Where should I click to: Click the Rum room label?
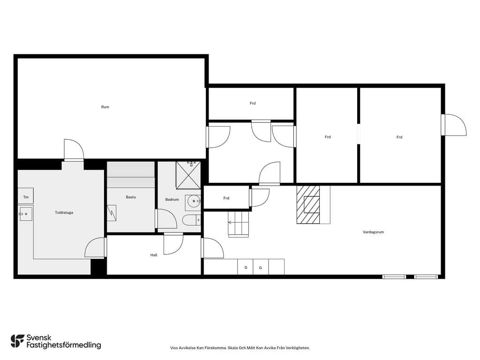pos(105,107)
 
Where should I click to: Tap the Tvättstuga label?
pos(64,212)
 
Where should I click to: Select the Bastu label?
pos(131,197)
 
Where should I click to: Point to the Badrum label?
pos(172,200)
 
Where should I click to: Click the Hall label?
pos(154,255)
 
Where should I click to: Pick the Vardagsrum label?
pos(373,232)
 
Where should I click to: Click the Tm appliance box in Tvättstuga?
pos(26,196)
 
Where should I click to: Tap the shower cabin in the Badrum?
pos(188,175)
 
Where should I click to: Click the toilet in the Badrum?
pos(192,220)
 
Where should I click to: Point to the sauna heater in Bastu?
pos(112,213)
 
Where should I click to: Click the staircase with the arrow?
pos(238,225)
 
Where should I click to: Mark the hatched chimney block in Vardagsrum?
pos(308,204)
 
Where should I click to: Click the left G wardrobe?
pos(245,267)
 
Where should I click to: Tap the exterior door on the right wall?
pos(454,125)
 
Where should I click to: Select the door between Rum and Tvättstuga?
pos(74,150)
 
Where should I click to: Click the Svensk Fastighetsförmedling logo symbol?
pos(17,341)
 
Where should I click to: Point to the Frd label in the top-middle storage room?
pos(253,104)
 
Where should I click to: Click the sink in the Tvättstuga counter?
pos(26,214)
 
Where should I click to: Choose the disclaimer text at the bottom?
pos(240,348)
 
